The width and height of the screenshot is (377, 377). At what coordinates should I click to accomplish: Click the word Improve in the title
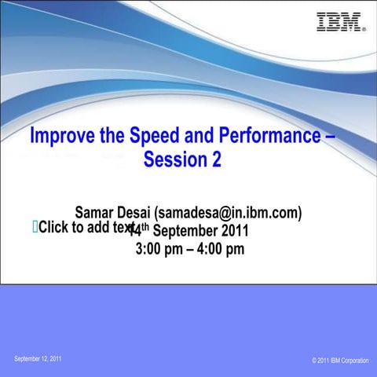point(57,136)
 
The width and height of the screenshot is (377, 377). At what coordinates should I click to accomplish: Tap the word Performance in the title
point(263,136)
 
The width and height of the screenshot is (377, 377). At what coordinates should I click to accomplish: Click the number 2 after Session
point(215,159)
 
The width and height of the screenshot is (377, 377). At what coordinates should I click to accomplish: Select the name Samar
point(93,213)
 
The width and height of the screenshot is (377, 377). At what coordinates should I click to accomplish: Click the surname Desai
point(134,213)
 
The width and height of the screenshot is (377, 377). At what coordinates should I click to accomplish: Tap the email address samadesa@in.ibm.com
point(229,213)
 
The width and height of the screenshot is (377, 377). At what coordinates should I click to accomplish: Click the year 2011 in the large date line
point(235,231)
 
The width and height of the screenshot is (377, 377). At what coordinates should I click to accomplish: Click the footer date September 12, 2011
point(38,359)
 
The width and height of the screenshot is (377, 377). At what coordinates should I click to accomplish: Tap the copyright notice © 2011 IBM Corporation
point(339,361)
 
